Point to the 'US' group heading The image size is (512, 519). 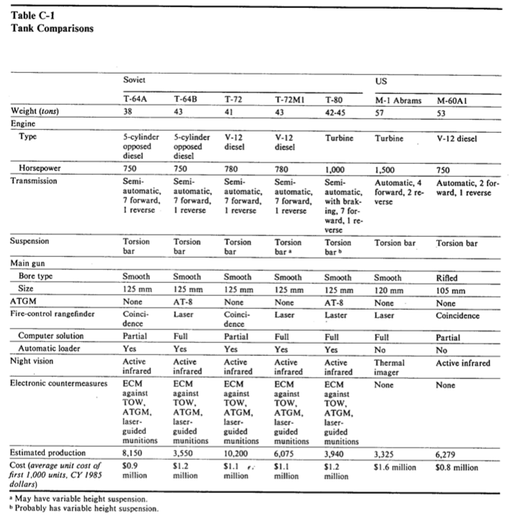[x=382, y=82]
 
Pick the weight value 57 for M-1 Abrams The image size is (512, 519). [x=381, y=112]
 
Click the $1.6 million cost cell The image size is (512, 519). [x=395, y=468]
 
